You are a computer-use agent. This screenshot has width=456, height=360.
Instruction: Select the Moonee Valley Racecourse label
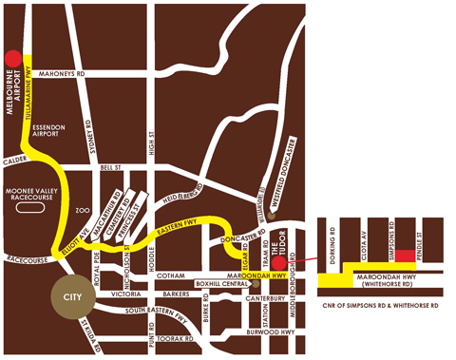[x=34, y=201]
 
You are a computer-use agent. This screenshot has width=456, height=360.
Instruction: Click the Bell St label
[x=113, y=167]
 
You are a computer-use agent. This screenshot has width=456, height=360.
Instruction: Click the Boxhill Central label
[x=219, y=283]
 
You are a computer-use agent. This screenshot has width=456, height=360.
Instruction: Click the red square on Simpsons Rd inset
[x=404, y=256]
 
